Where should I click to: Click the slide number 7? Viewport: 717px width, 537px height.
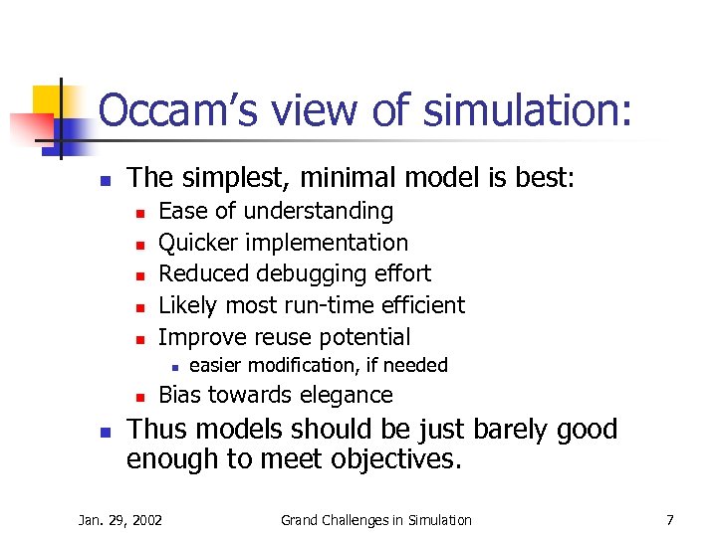click(x=669, y=519)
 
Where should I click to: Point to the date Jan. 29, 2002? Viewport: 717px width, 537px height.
click(x=120, y=519)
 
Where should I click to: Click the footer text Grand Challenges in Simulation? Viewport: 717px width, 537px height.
click(x=376, y=519)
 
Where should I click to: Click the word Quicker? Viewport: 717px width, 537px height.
click(x=197, y=243)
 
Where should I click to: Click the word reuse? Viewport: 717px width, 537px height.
click(x=286, y=337)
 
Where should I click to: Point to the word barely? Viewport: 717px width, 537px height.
click(x=514, y=430)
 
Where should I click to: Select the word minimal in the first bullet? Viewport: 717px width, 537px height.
click(x=323, y=177)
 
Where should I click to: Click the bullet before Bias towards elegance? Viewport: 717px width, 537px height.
click(x=140, y=396)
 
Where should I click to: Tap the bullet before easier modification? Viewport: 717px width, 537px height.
click(x=171, y=366)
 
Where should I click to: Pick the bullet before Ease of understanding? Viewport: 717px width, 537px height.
click(x=140, y=212)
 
